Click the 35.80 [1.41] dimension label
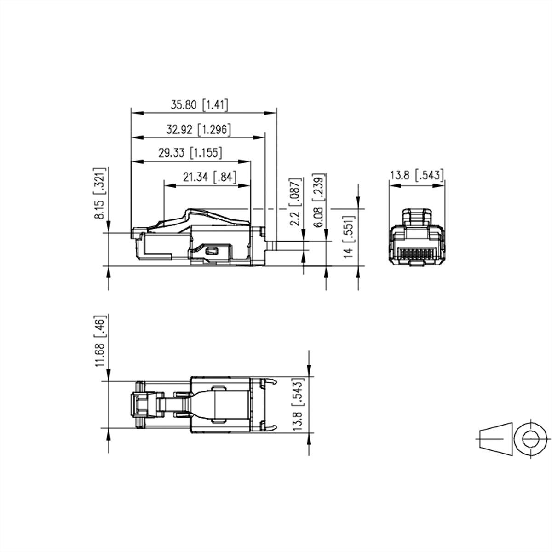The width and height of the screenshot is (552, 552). (199, 105)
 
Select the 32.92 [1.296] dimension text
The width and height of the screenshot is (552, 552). (198, 130)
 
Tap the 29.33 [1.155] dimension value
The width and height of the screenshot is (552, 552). (190, 153)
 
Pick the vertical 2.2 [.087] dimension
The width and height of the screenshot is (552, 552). (296, 199)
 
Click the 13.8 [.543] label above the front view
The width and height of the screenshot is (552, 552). (417, 175)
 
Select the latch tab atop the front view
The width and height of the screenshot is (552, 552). (417, 218)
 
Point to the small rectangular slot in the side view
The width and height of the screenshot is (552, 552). (213, 251)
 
